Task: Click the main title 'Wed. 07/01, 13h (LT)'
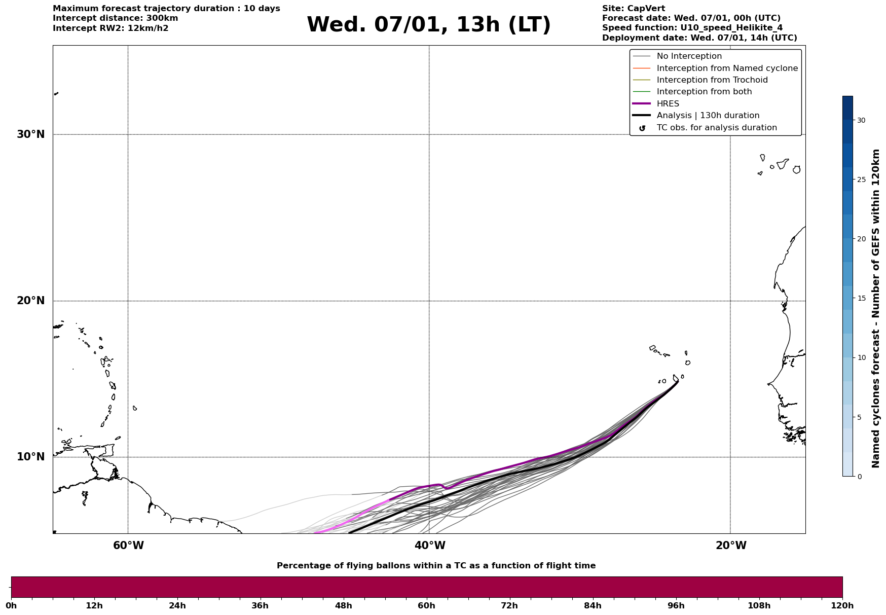pos(428,25)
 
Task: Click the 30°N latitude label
pos(30,134)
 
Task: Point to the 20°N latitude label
pos(30,301)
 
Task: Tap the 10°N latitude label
pos(30,457)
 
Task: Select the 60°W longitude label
pos(128,546)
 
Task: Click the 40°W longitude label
pos(430,546)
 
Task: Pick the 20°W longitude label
pos(731,546)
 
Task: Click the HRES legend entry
pos(668,104)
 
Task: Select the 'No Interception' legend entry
pos(689,56)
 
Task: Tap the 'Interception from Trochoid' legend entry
pos(712,80)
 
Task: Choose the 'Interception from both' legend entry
pos(704,92)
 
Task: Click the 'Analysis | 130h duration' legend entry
pos(708,116)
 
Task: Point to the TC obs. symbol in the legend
pos(642,128)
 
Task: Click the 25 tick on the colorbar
pos(861,179)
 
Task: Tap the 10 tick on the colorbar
pos(861,357)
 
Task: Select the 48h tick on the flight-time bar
pos(343,605)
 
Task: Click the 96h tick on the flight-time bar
pos(676,605)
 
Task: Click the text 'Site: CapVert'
pos(633,9)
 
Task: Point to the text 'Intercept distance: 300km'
pos(115,18)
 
